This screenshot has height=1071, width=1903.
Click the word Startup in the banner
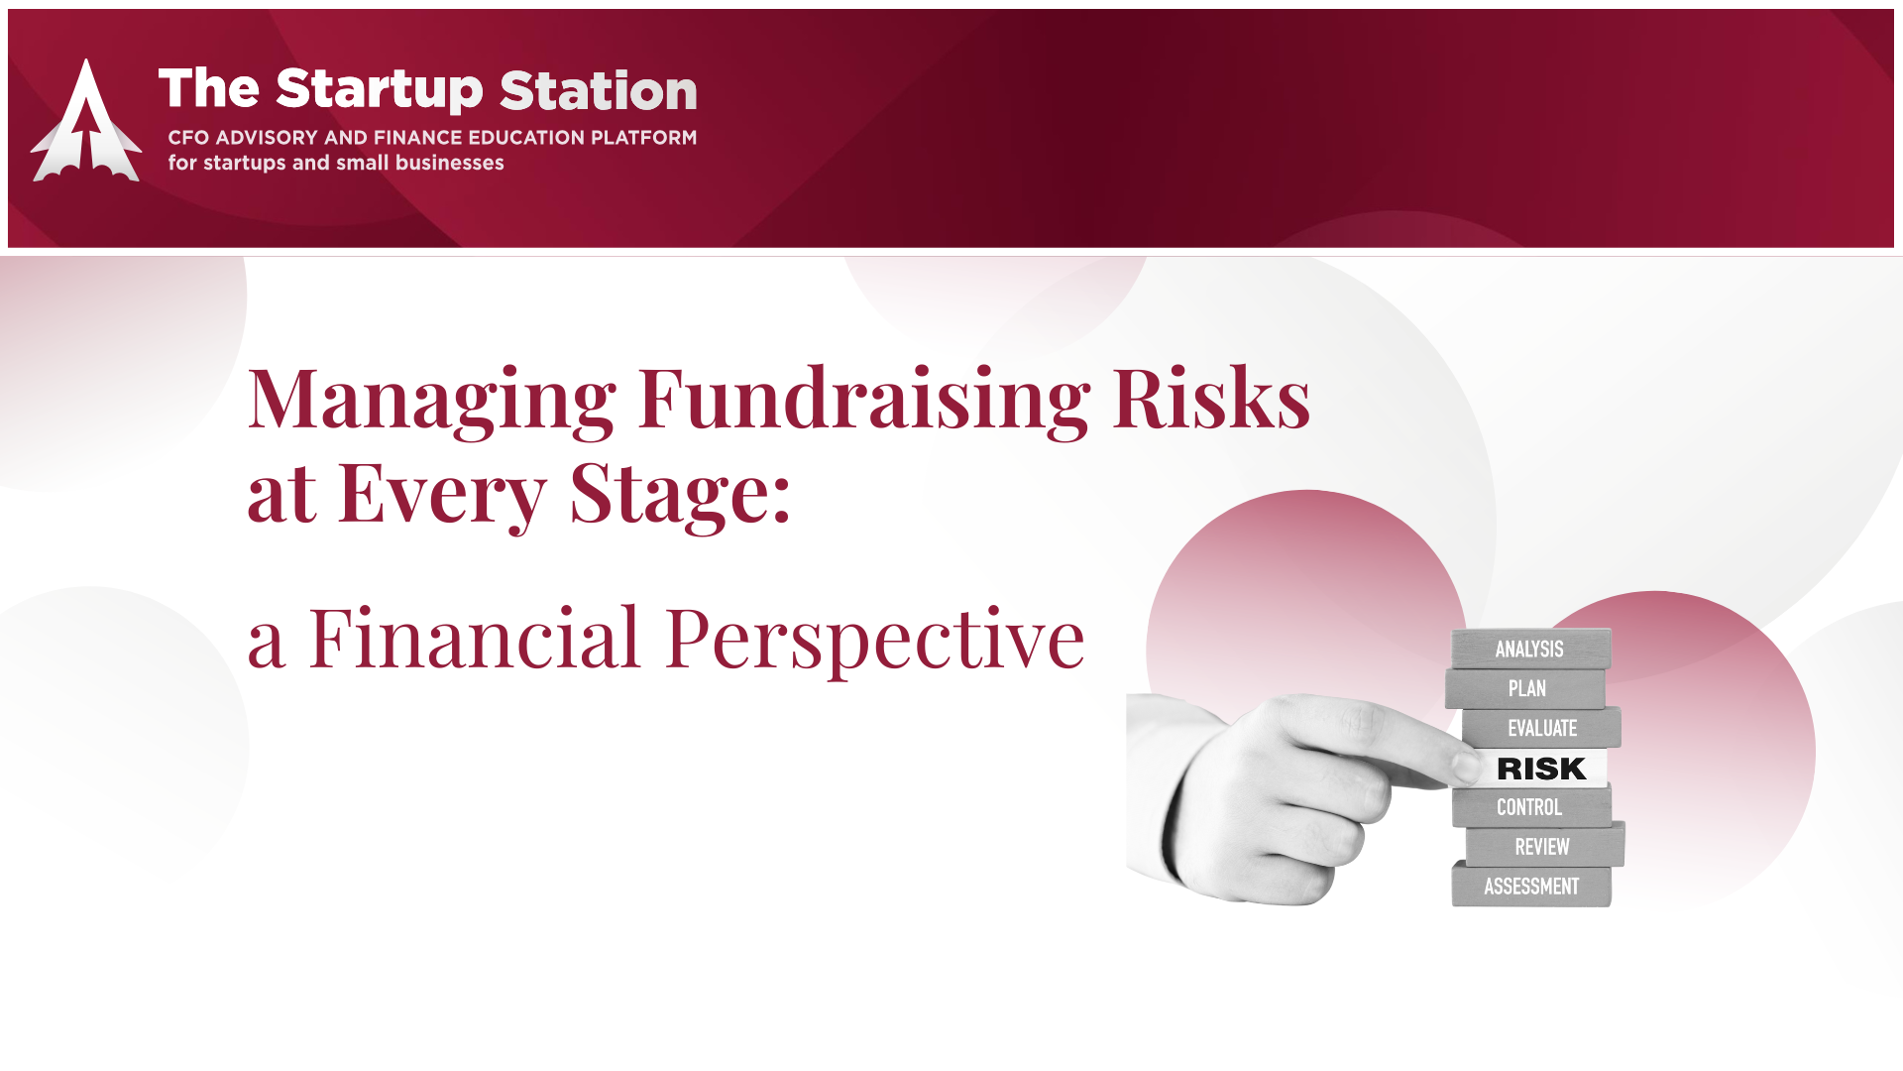pyautogui.click(x=380, y=90)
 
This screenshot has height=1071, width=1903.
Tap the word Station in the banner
pyautogui.click(x=599, y=90)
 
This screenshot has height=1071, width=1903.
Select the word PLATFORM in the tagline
pyautogui.click(x=643, y=137)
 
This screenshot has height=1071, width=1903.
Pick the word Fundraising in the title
pyautogui.click(x=864, y=399)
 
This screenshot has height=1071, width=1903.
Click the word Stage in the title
pyautogui.click(x=680, y=494)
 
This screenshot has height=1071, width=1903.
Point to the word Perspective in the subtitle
pyautogui.click(x=875, y=641)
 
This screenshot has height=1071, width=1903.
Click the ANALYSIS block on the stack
pyautogui.click(x=1531, y=649)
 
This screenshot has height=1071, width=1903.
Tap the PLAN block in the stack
pyautogui.click(x=1525, y=688)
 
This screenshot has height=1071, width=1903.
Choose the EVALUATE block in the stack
pyautogui.click(x=1541, y=728)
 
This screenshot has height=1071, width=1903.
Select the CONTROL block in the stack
pyautogui.click(x=1531, y=807)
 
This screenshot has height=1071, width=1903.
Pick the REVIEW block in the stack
pyautogui.click(x=1544, y=847)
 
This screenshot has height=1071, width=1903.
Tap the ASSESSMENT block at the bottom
pyautogui.click(x=1531, y=887)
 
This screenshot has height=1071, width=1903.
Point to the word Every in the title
pyautogui.click(x=441, y=494)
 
